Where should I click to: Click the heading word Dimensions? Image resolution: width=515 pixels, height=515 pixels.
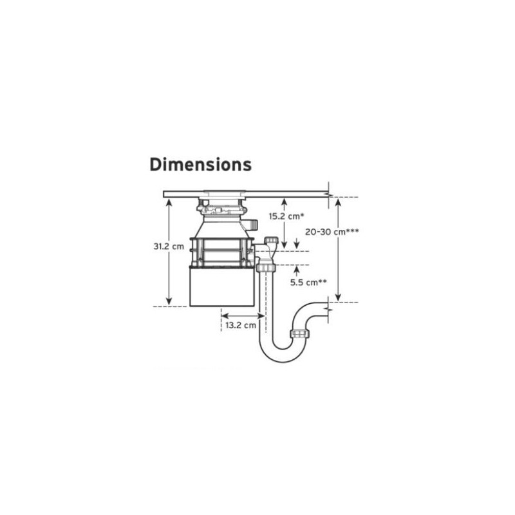[x=200, y=165]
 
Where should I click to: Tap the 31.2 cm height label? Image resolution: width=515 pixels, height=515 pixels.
[x=169, y=247]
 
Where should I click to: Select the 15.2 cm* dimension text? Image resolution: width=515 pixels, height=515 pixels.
[x=286, y=216]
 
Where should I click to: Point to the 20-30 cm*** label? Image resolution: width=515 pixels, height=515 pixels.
[x=332, y=232]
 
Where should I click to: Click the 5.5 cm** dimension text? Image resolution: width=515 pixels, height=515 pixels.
[x=308, y=283]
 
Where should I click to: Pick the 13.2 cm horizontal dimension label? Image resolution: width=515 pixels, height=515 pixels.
[x=241, y=326]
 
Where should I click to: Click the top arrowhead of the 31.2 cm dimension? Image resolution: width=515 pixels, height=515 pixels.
[x=169, y=201]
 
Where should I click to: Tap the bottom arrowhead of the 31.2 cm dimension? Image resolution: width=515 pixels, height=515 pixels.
[x=169, y=301]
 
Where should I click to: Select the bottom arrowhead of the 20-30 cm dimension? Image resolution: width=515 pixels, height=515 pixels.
[x=339, y=297]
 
